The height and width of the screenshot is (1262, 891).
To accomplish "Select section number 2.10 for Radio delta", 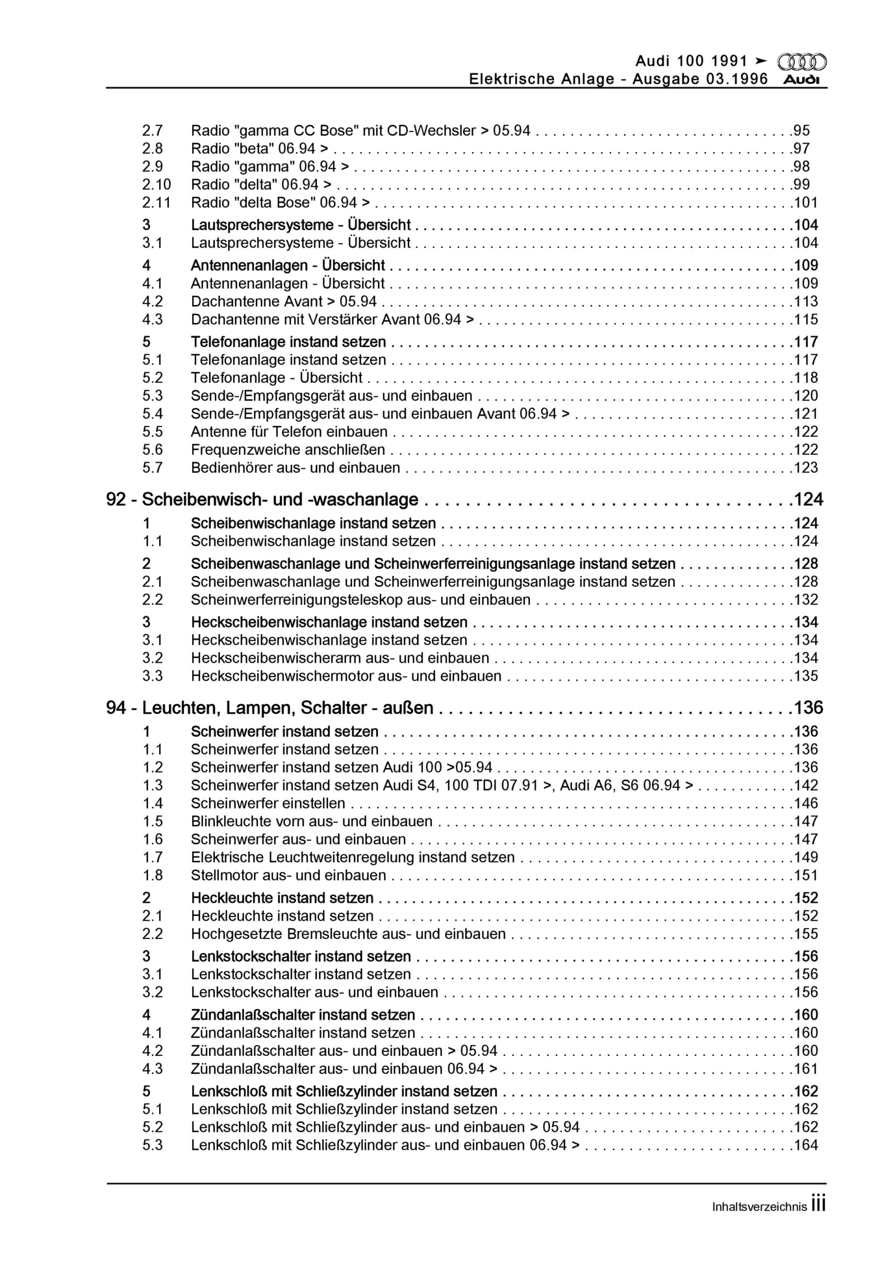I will point(157,185).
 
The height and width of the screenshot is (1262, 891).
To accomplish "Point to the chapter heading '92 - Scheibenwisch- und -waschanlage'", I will point(262,500).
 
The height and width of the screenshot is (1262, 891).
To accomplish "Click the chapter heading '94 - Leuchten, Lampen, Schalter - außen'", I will point(270,708).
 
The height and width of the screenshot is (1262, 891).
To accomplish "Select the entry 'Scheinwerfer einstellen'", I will point(268,804).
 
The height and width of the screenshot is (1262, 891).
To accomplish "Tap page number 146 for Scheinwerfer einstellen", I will point(805,804).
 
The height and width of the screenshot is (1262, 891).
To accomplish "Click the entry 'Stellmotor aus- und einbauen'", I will point(289,876).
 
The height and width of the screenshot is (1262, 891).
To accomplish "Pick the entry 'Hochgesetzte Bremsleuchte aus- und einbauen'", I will point(348,934).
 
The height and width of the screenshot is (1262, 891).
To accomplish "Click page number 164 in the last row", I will point(805,1146).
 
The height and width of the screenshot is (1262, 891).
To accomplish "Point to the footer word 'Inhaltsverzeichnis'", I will point(759,1207).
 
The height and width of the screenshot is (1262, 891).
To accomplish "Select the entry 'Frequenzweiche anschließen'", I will point(288,450).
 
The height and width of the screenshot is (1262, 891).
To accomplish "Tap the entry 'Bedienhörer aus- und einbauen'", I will point(296,468).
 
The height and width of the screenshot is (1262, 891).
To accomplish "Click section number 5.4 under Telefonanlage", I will point(153,414).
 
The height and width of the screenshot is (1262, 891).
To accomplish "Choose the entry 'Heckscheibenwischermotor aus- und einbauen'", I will point(346,676).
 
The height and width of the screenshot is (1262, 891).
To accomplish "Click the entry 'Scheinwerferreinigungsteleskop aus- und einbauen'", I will point(361,599).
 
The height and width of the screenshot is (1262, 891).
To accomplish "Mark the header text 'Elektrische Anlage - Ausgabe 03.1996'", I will point(618,79).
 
